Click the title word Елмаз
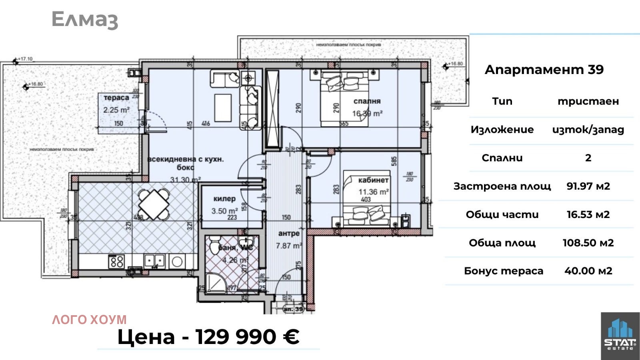click(85, 19)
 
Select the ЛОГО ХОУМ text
click(89, 320)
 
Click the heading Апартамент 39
click(544, 70)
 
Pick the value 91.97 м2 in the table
click(588, 186)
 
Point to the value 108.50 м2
click(588, 243)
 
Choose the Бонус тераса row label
click(504, 271)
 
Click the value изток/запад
click(588, 130)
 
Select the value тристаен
click(588, 101)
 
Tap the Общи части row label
click(502, 214)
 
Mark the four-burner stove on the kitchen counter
click(117, 262)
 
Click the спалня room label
click(367, 101)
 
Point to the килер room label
click(224, 199)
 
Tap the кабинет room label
click(373, 180)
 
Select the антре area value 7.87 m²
click(288, 246)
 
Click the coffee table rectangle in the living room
click(223, 108)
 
